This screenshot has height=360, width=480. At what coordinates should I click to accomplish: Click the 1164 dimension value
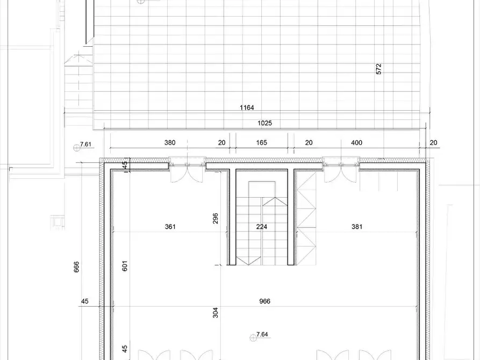pos(247,108)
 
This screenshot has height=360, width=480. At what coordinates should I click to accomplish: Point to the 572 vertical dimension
pos(378,69)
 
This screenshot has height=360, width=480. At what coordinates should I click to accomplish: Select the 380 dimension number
pos(170,143)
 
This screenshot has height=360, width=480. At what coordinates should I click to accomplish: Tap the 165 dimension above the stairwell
pos(261,143)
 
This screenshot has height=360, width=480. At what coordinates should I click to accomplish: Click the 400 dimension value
pos(356,143)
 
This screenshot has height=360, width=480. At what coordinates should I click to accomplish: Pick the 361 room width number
pos(170,227)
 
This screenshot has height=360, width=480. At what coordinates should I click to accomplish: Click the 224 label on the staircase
pos(261,227)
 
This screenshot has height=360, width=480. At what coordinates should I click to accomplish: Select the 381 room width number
pos(356,227)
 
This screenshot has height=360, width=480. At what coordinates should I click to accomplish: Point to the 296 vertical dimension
pos(215,218)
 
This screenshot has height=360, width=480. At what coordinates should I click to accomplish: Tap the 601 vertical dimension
pos(124,266)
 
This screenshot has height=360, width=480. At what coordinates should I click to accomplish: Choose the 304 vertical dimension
pos(215,313)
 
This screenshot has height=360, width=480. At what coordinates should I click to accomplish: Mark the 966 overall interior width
pos(264,301)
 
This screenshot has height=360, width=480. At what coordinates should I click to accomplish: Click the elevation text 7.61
pos(87,145)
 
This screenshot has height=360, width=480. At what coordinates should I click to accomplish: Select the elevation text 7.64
pos(262,335)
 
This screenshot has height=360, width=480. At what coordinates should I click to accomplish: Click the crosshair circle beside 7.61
pos(76,147)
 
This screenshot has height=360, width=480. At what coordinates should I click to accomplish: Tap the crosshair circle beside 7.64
pos(252,337)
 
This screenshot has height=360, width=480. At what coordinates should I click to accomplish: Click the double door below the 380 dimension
pos(188,173)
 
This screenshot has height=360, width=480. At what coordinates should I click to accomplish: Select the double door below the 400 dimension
pos(341,173)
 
